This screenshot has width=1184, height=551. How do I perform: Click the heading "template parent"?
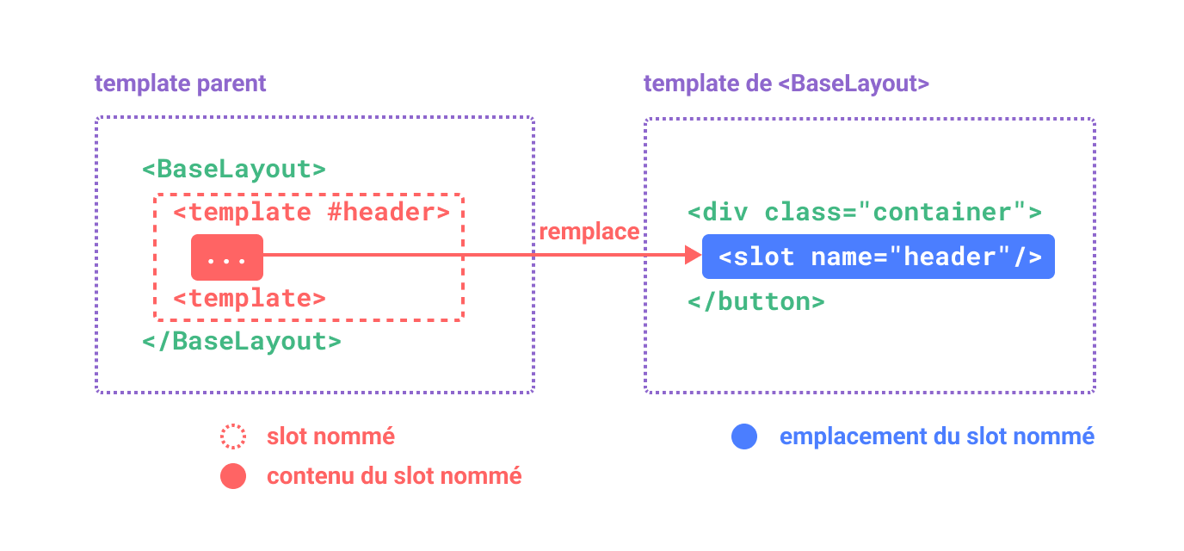click(181, 84)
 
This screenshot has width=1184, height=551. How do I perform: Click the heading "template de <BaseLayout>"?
click(786, 84)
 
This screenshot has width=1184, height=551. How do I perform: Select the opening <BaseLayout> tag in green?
click(234, 169)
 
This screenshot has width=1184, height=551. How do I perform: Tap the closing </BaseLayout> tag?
click(242, 341)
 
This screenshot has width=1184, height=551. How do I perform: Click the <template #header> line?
click(311, 212)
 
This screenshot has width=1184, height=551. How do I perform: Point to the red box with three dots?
click(227, 257)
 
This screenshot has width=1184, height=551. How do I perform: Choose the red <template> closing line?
click(250, 299)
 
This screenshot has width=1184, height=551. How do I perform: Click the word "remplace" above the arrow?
click(589, 232)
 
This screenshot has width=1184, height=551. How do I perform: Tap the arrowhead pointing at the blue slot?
click(693, 255)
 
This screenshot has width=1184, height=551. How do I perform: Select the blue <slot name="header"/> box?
click(879, 257)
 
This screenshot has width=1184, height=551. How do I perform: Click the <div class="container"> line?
click(865, 212)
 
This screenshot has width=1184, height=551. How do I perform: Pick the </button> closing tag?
click(756, 301)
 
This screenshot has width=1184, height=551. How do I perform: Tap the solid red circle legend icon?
click(233, 476)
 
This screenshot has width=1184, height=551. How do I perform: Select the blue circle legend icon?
click(744, 436)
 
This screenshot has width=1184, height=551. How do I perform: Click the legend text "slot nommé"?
click(330, 436)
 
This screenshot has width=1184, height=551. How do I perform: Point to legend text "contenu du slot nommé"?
click(394, 476)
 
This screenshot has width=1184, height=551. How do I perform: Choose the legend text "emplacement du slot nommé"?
click(936, 436)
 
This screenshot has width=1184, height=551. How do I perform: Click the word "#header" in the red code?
click(387, 212)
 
